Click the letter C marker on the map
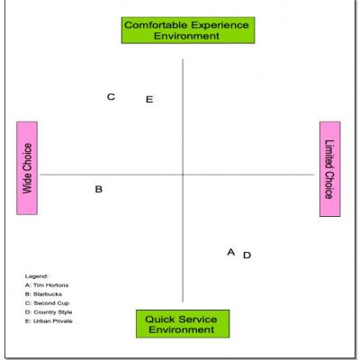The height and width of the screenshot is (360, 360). coord(111,97)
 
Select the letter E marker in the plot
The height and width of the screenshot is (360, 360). coord(149,99)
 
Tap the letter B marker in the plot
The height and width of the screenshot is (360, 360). coord(99,189)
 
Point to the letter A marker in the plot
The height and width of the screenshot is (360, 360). coord(231,252)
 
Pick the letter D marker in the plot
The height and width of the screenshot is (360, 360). coord(247,256)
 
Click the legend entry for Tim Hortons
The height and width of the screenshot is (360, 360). coord(47,285)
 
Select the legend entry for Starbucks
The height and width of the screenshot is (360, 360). coord(43,294)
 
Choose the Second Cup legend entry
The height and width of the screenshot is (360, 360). coord(47,303)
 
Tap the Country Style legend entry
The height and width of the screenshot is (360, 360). coord(49,312)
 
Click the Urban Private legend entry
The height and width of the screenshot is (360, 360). coord(49,321)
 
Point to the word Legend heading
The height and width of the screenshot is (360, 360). coord(36,276)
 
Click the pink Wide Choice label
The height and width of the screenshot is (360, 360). coord(27,168)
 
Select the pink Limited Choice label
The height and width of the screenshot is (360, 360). coord(330,169)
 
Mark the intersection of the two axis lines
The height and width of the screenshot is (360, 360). coord(183,175)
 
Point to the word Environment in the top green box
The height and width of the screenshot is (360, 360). coord(186,36)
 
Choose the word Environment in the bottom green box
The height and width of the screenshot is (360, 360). coord(182,329)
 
